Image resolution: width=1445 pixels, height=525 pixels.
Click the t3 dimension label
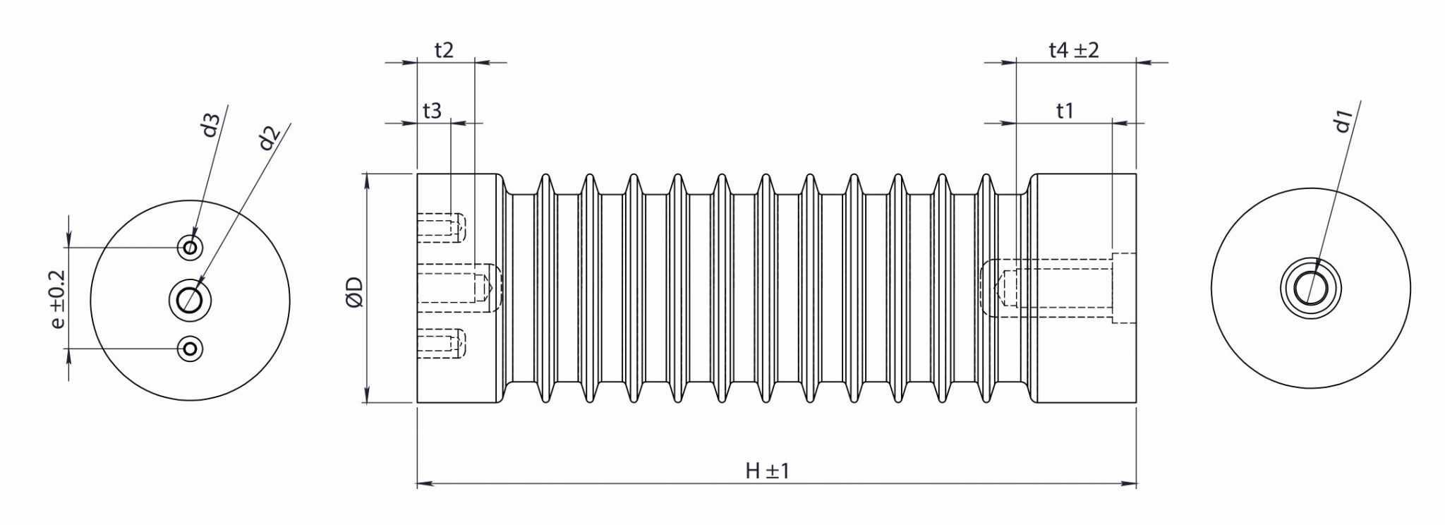[432, 111]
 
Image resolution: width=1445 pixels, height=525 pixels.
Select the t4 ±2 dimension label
[1074, 51]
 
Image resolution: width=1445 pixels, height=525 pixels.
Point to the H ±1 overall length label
[767, 471]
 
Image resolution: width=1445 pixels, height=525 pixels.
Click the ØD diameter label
[355, 291]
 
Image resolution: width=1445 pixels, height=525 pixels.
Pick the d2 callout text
[269, 138]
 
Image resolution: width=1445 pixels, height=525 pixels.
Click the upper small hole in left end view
[190, 247]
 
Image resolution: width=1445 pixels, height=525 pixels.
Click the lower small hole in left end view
[190, 348]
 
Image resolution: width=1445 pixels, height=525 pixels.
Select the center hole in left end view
[189, 299]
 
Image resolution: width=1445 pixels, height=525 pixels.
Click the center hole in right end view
[1311, 288]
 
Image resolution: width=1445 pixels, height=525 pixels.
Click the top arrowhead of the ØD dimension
[368, 179]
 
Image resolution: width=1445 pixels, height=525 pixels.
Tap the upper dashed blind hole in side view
[442, 227]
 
